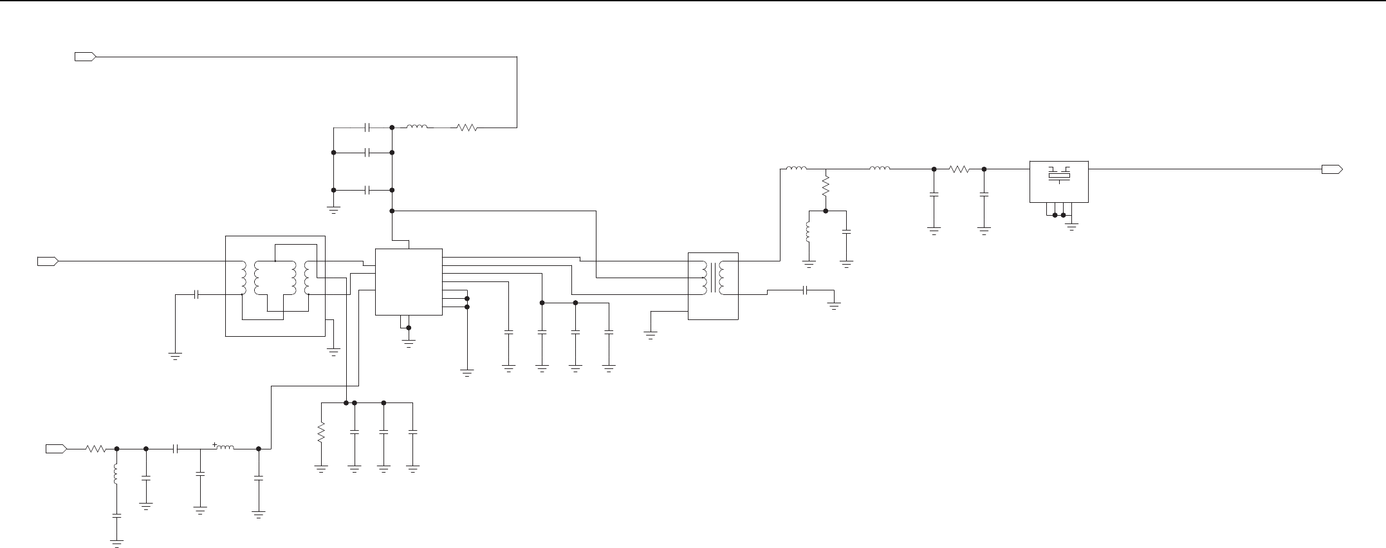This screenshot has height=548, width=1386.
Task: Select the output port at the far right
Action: pos(1331,169)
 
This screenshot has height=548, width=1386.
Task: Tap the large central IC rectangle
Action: pos(409,281)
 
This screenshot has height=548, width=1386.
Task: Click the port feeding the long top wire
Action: pos(85,57)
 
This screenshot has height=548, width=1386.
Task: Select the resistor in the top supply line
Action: pos(467,128)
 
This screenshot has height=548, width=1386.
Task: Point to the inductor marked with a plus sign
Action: pos(225,448)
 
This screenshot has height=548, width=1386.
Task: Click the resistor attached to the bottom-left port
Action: pos(96,449)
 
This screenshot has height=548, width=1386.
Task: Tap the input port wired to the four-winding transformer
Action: pos(48,261)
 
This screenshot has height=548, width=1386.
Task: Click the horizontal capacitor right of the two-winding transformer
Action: pos(806,290)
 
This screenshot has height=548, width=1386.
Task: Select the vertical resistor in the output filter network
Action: pos(826,187)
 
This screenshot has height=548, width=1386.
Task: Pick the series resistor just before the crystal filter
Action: pos(959,169)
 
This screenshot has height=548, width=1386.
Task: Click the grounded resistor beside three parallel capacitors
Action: pos(321,433)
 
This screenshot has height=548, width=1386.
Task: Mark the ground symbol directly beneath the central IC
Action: pos(409,342)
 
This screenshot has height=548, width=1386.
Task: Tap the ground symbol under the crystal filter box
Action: pos(1071,226)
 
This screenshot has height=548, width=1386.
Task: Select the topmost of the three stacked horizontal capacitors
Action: pos(367,128)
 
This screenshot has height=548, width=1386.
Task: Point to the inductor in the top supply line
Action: pos(417,128)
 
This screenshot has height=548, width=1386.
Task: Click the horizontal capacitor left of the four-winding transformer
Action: pos(197,294)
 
